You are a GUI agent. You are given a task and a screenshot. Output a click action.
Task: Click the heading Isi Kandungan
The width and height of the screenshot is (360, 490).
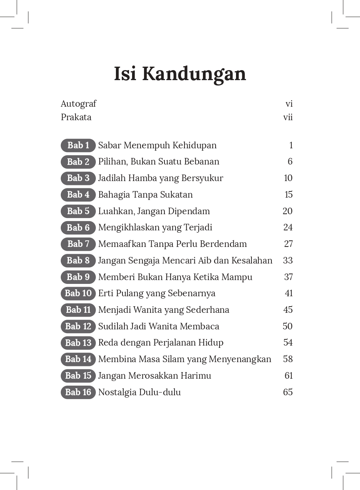(x=180, y=74)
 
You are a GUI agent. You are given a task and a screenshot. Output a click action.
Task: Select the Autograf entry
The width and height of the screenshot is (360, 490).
(x=79, y=104)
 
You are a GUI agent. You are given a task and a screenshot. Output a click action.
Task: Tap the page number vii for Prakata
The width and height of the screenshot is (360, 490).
(x=288, y=117)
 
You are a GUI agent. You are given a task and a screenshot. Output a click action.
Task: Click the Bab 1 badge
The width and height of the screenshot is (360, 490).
(x=78, y=145)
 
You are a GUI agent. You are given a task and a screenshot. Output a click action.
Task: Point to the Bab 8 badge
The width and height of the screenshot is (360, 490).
(x=78, y=260)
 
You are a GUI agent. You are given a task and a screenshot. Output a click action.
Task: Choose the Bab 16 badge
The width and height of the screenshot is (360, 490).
(x=78, y=392)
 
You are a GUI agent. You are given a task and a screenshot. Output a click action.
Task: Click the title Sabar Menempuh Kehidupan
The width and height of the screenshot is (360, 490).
(x=157, y=145)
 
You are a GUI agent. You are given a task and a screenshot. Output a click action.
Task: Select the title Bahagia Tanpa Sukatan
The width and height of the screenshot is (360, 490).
(x=145, y=195)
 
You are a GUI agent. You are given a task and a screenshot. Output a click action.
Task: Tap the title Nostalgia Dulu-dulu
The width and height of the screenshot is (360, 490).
(x=139, y=392)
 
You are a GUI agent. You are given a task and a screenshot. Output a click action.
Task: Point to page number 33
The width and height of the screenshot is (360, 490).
(x=288, y=260)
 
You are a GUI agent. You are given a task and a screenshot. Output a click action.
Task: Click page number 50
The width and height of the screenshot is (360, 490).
(x=288, y=326)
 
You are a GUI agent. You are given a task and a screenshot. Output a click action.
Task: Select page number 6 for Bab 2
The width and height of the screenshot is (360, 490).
(x=290, y=161)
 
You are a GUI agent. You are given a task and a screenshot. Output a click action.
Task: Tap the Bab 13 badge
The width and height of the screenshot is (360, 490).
(x=78, y=343)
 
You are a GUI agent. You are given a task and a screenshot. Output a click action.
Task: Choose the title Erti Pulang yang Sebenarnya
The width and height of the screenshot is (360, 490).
(x=157, y=293)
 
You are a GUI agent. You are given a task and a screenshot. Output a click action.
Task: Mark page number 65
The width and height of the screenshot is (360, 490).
(x=288, y=392)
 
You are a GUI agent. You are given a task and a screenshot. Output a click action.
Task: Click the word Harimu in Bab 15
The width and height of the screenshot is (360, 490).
(x=197, y=376)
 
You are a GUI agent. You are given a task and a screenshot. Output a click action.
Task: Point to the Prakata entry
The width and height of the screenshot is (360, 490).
(x=76, y=117)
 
